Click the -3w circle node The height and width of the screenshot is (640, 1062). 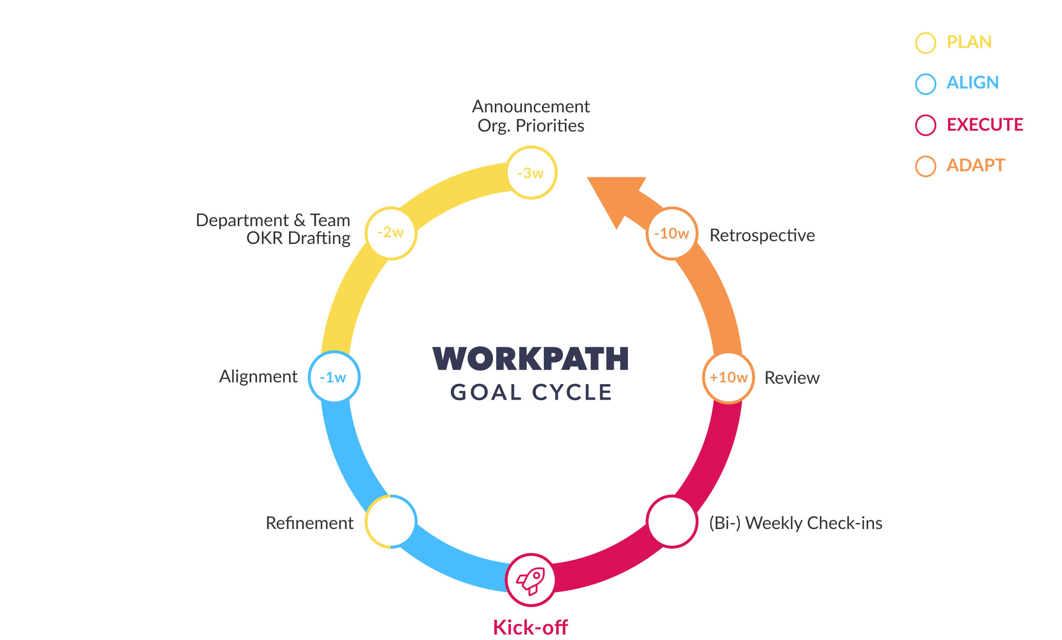pos(531,173)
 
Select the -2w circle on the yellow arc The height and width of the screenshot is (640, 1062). pos(391,233)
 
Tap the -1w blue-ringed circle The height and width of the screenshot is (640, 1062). pos(334,377)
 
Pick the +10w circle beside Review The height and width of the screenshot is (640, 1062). pos(728,378)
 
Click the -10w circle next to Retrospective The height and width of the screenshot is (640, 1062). pos(672,233)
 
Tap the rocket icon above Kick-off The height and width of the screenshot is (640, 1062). pos(531,580)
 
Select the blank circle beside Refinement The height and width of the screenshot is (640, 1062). pos(391,522)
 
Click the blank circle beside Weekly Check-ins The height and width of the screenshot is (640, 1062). pos(672,522)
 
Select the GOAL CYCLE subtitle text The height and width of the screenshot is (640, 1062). pos(531,392)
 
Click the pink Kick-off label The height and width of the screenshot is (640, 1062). pos(531,627)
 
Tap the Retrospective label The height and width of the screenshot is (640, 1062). pos(762,236)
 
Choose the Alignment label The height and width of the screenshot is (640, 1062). pos(258,377)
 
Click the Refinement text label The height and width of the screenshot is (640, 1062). pos(310,523)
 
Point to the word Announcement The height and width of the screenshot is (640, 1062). pos(531,107)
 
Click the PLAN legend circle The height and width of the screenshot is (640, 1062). pos(926,43)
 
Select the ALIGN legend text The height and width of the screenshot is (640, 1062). pos(972,83)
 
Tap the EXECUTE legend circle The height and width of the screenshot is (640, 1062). pos(926,125)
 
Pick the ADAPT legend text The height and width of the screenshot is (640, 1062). pos(975,165)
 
